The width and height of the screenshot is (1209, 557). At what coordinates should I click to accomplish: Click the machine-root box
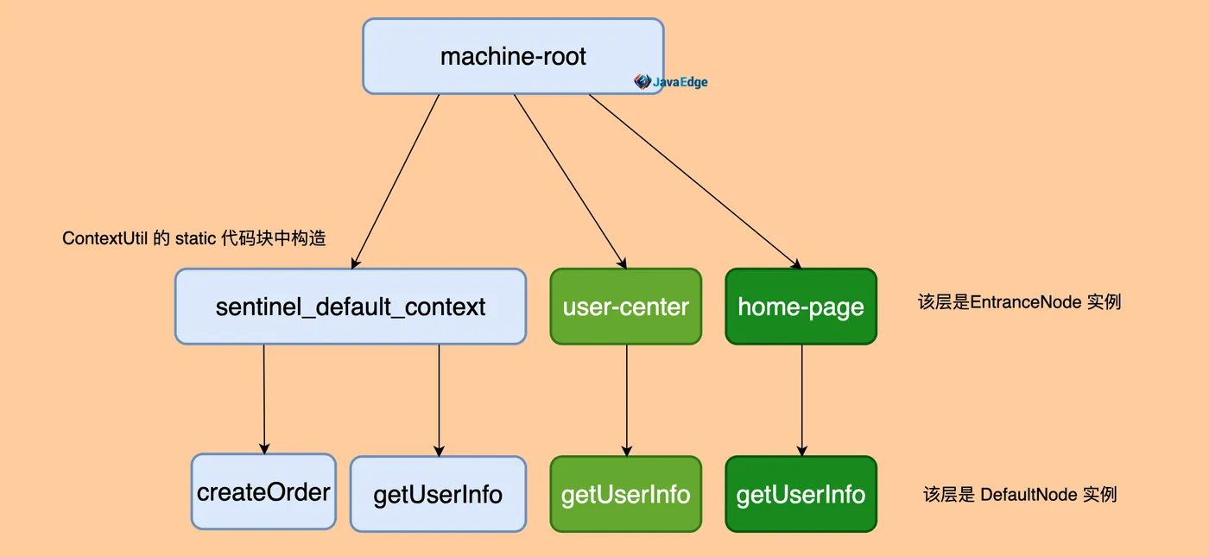click(x=513, y=56)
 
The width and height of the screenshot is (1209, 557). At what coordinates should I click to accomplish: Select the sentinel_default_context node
click(x=351, y=307)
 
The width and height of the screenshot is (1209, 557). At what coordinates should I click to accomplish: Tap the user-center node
click(x=626, y=307)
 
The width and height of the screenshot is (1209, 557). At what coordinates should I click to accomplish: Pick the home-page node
click(x=801, y=307)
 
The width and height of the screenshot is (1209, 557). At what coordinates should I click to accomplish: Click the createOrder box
click(x=264, y=491)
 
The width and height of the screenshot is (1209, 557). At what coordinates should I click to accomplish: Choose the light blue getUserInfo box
click(x=439, y=494)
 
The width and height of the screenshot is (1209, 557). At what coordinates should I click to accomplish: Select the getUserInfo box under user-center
click(x=626, y=494)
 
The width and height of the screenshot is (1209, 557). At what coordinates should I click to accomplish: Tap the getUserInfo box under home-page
click(x=801, y=494)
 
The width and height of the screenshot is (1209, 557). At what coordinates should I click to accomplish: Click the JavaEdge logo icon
click(x=642, y=81)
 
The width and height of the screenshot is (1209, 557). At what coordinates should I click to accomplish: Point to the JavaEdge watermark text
click(x=680, y=82)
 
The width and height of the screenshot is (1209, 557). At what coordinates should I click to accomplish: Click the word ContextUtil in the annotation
click(x=104, y=238)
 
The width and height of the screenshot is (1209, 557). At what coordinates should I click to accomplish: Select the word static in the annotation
click(x=195, y=238)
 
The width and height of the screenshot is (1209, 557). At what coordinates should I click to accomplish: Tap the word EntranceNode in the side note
click(x=1026, y=301)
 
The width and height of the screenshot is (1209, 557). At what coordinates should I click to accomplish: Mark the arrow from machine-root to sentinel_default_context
click(x=396, y=181)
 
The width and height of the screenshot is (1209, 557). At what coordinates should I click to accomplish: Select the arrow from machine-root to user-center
click(x=570, y=181)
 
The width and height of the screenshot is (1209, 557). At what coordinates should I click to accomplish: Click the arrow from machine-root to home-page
click(x=695, y=181)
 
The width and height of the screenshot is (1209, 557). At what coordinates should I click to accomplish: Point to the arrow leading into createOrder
click(x=264, y=399)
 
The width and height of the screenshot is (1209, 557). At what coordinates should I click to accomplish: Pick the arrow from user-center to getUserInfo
click(x=627, y=401)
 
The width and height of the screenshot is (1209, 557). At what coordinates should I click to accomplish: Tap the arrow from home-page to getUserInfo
click(x=802, y=401)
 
